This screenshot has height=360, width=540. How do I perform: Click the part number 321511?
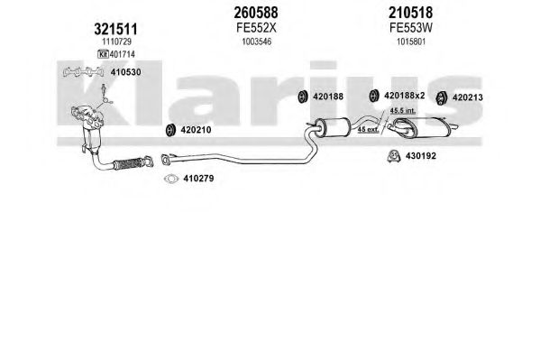click(x=115, y=29)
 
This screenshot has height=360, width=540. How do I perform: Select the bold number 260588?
click(x=255, y=13)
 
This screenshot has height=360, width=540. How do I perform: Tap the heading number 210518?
click(x=410, y=13)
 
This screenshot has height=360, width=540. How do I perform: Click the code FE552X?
click(x=256, y=28)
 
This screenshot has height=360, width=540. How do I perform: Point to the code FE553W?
click(x=411, y=28)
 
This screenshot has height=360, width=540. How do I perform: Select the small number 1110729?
click(x=116, y=42)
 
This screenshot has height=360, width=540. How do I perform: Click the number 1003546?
click(x=257, y=42)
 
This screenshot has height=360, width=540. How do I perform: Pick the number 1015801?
click(x=411, y=42)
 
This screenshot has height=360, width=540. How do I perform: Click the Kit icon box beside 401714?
click(x=103, y=54)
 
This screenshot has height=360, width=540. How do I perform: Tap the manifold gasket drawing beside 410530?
click(x=84, y=71)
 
